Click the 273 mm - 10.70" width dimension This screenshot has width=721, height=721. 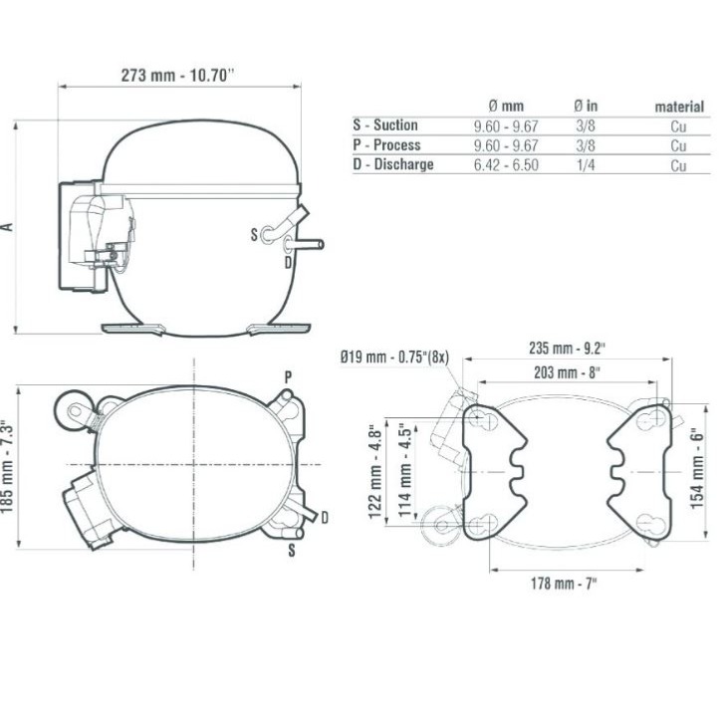[177, 75]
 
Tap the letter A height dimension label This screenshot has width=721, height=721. [8, 227]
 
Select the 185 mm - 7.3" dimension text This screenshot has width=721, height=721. [6, 466]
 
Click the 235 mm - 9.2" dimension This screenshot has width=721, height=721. [567, 349]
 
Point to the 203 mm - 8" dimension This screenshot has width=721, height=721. [567, 372]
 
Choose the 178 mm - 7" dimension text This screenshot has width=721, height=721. [564, 584]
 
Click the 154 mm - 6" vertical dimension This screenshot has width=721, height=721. [697, 468]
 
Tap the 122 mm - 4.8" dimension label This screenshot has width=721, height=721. [375, 472]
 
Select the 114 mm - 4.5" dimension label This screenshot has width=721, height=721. [404, 470]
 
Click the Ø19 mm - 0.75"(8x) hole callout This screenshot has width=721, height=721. [394, 357]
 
